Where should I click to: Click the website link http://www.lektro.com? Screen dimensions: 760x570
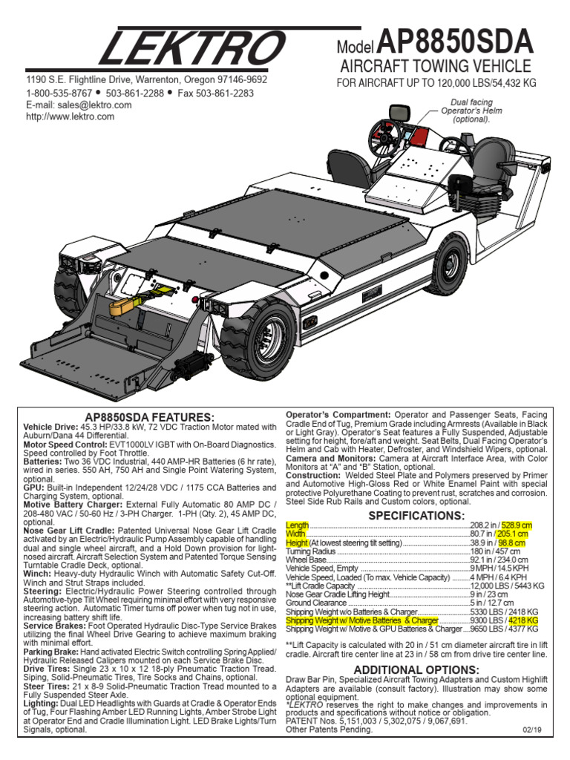(71, 117)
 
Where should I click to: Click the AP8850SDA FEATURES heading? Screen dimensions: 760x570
(150, 418)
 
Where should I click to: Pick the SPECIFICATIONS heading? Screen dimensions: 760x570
(416, 515)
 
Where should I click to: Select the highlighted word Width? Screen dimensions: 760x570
(295, 534)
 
